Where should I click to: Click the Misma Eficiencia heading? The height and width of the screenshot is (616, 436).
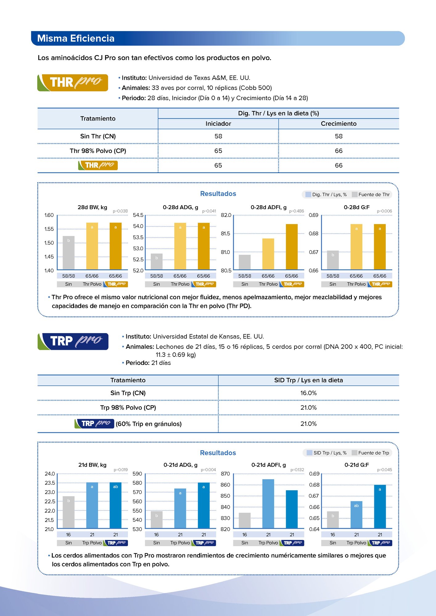(76, 38)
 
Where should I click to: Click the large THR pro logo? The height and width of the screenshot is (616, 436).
(73, 83)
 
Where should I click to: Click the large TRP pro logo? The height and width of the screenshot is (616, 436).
(73, 341)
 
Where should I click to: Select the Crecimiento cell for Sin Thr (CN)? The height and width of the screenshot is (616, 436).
(338, 136)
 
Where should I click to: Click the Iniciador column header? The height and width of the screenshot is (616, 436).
(218, 124)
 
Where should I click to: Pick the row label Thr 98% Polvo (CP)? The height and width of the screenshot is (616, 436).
(98, 151)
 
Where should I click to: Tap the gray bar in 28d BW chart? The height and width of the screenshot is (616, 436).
(68, 253)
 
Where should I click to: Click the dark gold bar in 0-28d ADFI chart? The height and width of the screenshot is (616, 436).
(291, 247)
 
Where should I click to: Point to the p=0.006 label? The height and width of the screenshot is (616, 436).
(384, 211)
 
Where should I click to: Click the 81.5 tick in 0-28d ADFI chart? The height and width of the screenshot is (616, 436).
(225, 234)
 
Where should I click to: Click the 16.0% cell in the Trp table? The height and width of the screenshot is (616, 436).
(308, 393)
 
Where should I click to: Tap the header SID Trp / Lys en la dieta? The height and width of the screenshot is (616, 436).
(308, 380)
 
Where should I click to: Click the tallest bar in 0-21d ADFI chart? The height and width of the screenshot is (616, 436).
(268, 504)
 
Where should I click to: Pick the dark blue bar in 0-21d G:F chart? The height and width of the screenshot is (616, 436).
(380, 507)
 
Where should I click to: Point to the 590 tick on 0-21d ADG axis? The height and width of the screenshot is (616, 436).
(137, 474)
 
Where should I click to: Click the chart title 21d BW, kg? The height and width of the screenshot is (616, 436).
(92, 465)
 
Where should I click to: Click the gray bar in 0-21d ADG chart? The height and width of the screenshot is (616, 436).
(156, 520)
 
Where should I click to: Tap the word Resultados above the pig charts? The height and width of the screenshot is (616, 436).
(218, 453)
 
